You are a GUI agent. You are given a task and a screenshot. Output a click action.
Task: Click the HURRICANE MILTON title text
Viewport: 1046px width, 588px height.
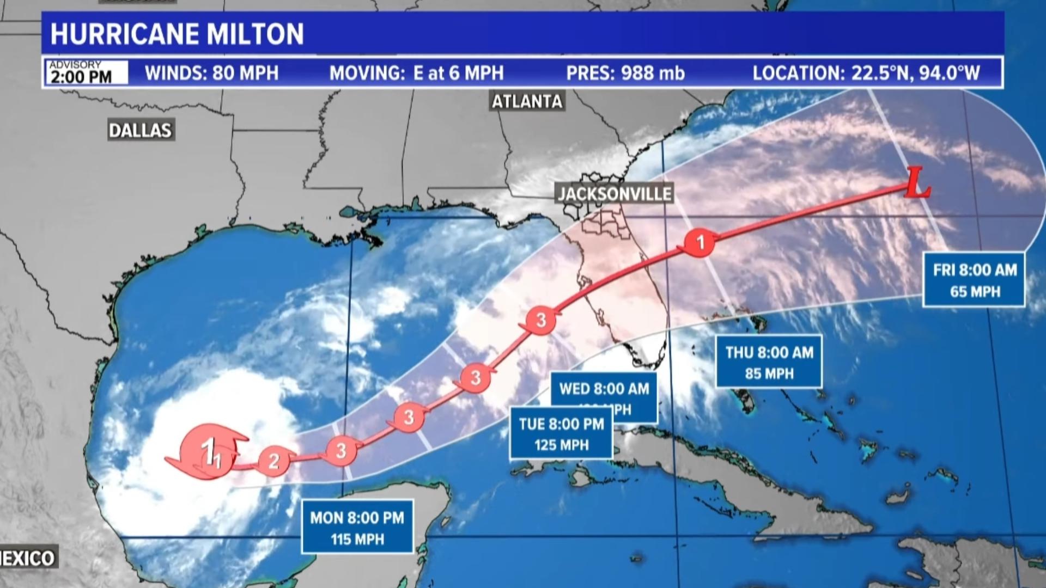tap(177, 34)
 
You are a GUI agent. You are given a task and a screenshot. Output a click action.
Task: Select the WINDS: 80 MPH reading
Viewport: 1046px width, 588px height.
tap(211, 73)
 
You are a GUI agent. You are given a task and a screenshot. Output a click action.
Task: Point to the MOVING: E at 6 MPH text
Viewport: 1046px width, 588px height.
tap(416, 73)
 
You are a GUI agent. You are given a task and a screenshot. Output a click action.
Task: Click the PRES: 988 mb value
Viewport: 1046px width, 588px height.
tap(625, 73)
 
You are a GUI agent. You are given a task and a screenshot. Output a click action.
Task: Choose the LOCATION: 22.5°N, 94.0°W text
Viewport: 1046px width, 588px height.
tap(866, 73)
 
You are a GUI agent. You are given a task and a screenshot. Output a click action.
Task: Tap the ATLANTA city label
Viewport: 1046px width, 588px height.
tap(527, 101)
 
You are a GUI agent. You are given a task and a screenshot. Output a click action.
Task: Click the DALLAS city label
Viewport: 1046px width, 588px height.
tap(140, 130)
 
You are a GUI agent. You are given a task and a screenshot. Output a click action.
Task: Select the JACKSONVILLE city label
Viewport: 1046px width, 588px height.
tap(615, 193)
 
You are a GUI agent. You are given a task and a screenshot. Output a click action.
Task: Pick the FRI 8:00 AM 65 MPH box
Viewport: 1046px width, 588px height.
tap(974, 280)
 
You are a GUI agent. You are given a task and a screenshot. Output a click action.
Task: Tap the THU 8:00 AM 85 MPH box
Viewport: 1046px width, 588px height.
tap(769, 362)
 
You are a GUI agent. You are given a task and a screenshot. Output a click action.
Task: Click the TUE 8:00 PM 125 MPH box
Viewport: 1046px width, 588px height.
tap(561, 434)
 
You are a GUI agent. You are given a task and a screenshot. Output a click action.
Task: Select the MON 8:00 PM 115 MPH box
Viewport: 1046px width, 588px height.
tap(357, 528)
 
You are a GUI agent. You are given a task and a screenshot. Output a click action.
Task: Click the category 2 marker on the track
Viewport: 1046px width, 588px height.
tap(273, 461)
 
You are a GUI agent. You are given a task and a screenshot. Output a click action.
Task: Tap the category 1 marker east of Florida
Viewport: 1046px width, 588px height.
tap(700, 242)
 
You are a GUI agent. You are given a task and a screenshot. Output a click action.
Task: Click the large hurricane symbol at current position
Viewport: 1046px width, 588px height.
tap(210, 451)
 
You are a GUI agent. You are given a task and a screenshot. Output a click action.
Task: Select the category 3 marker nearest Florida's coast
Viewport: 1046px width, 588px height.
tap(540, 320)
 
